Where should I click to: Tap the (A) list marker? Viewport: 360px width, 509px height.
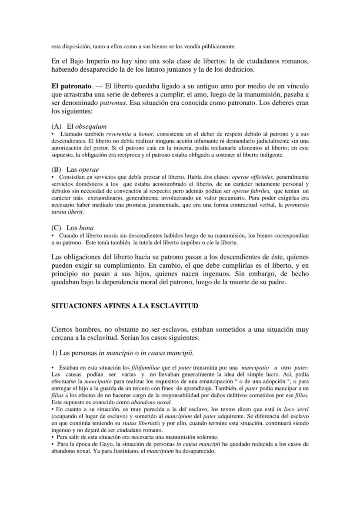[x=56, y=126]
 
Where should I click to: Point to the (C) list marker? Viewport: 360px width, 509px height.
[x=56, y=227]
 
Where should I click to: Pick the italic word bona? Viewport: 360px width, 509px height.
[x=86, y=227]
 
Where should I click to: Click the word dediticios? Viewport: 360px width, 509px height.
[x=249, y=69]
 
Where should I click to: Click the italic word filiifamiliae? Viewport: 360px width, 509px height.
[x=135, y=367]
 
